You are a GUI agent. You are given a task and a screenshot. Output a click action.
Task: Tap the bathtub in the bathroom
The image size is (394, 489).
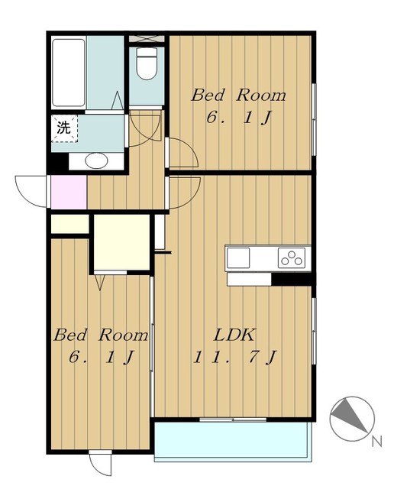(69, 73)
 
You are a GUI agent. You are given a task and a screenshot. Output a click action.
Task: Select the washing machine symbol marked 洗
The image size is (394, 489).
(64, 128)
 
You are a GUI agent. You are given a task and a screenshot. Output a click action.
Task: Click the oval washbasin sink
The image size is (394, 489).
(96, 161)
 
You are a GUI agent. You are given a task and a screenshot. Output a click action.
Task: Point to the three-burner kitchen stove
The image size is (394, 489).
(292, 258)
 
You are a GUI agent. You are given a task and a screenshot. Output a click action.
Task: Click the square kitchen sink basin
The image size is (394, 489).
(238, 258)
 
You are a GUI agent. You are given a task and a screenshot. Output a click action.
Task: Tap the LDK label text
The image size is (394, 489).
(234, 335)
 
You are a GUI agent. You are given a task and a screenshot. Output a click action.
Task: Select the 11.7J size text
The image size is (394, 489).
(234, 358)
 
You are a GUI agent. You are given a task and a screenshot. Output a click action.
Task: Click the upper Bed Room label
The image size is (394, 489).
(238, 95)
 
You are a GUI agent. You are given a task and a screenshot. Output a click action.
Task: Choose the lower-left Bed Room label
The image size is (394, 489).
(101, 335)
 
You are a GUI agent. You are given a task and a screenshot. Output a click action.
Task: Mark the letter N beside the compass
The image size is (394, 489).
(377, 442)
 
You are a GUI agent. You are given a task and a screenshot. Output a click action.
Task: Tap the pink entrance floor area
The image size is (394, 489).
(69, 192)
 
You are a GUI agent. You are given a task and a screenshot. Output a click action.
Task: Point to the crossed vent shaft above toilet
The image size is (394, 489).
(147, 39)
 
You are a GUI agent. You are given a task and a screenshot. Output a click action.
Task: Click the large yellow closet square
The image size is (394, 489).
(122, 242)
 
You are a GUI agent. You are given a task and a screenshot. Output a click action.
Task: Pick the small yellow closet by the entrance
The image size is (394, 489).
(70, 224)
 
